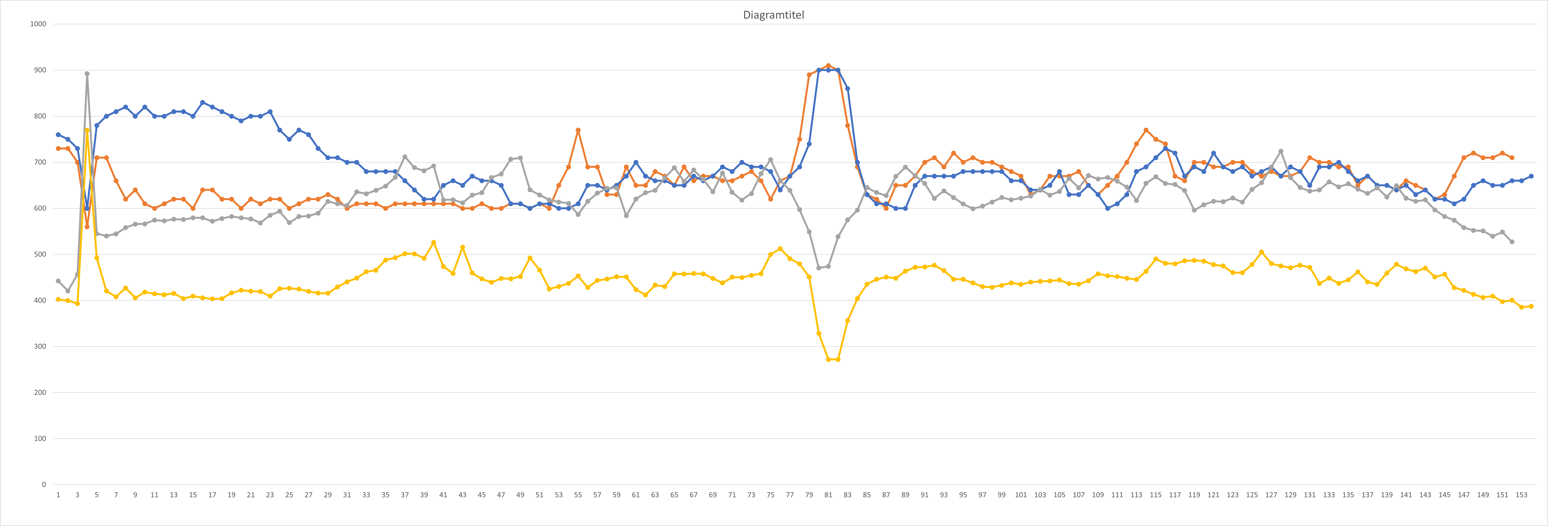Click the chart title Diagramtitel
tap(773, 15)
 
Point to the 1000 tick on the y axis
tap(38, 24)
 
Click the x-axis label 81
tap(828, 495)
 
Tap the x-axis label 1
tap(58, 495)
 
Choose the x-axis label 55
tap(578, 495)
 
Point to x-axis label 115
tap(1156, 495)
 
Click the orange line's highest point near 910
tap(828, 65)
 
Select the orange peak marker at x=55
tap(578, 130)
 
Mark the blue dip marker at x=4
tap(87, 208)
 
